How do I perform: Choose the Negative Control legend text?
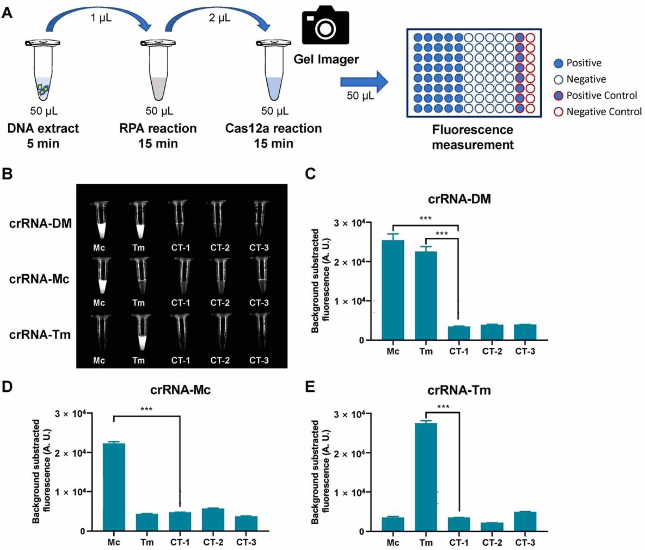coord(604,112)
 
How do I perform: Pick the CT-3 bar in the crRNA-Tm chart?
coord(525,521)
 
